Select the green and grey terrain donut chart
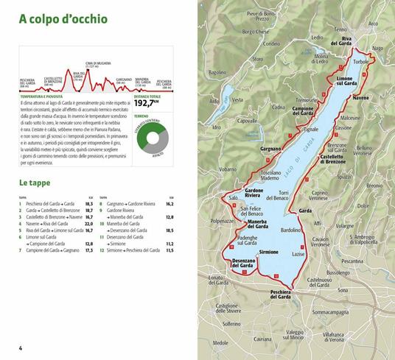(x=153, y=138)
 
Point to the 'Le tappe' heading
(x=38, y=183)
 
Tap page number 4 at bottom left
(x=11, y=347)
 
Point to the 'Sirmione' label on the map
(x=269, y=252)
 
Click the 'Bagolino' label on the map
(x=217, y=73)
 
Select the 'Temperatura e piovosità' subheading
(x=40, y=96)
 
